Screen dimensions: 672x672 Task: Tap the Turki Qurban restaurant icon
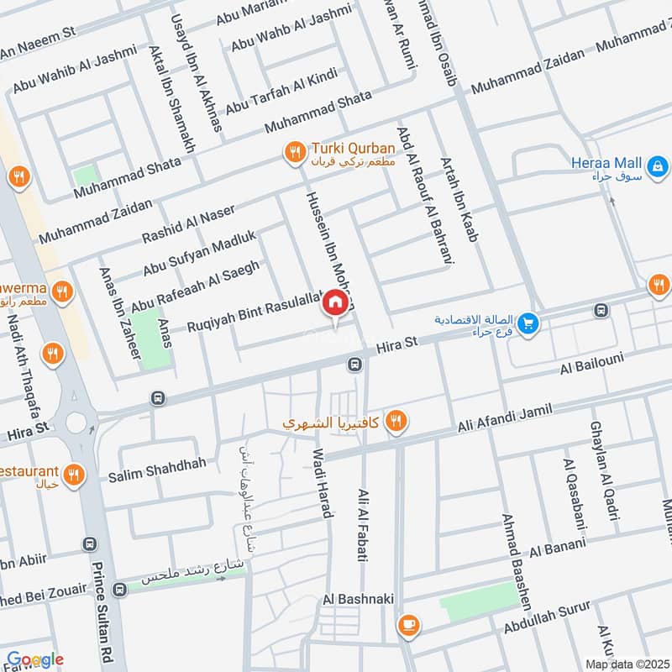[x=293, y=152]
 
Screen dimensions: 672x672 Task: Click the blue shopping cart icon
[x=528, y=323]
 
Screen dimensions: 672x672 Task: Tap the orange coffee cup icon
[x=410, y=623]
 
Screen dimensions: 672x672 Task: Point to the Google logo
[x=35, y=659]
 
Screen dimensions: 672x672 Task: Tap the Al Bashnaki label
[x=354, y=600]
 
